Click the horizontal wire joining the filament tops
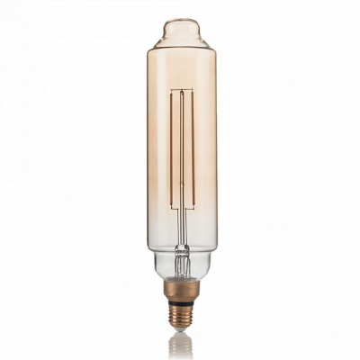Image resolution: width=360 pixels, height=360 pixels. point(180,89)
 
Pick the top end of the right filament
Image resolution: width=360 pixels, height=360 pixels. point(188,91)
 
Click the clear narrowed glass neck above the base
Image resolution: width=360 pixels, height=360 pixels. point(180,270)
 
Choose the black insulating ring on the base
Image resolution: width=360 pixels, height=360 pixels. point(180,300)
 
